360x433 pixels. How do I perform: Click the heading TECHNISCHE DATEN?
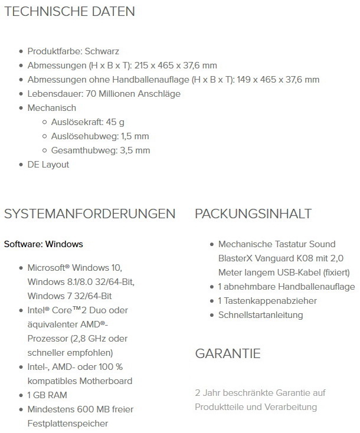click(70, 11)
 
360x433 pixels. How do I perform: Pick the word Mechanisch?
click(52, 108)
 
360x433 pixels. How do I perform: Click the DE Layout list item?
click(48, 165)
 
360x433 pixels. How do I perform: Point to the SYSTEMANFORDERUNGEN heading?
click(90, 214)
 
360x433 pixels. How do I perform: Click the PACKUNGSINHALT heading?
click(253, 214)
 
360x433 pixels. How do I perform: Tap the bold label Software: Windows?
click(44, 244)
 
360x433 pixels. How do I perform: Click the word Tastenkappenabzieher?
click(271, 301)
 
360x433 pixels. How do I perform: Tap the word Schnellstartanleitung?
click(261, 315)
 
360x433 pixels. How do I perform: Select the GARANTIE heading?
click(228, 354)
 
